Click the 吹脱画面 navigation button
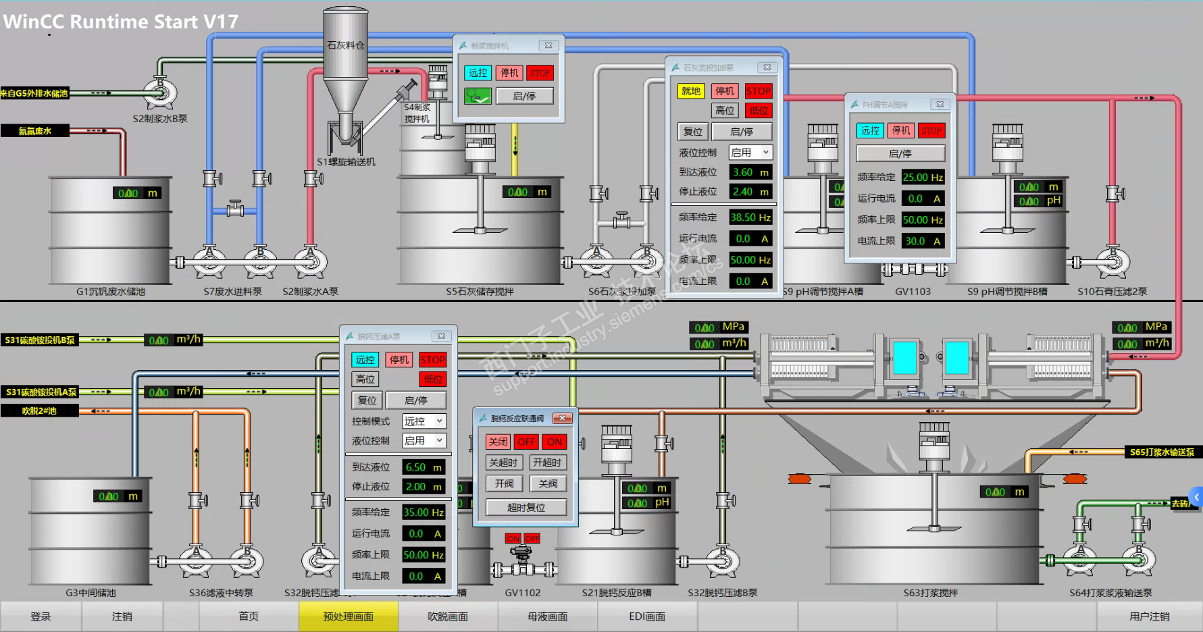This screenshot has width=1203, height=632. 448,616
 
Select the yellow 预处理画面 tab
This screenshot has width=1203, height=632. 349,616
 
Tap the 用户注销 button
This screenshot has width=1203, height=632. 1149,616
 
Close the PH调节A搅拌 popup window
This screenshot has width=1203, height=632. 940,104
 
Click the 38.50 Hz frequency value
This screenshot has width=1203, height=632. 750,217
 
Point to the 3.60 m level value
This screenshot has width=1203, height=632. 750,172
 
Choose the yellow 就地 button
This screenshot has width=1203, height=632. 690,91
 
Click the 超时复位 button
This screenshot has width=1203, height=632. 526,507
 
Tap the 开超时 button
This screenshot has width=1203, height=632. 547,463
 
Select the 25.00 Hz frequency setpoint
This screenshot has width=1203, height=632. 923,177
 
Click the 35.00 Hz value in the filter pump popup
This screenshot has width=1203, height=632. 424,512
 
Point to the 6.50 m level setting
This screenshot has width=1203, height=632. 424,467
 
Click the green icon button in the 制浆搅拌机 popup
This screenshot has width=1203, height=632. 478,96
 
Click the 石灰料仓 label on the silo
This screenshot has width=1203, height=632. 346,45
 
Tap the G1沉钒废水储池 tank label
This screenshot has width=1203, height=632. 111,292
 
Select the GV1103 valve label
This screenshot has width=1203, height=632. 913,292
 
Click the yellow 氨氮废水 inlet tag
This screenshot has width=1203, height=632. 35,131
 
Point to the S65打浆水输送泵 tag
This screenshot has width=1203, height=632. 1162,452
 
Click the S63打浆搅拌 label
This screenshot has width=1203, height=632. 931,593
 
